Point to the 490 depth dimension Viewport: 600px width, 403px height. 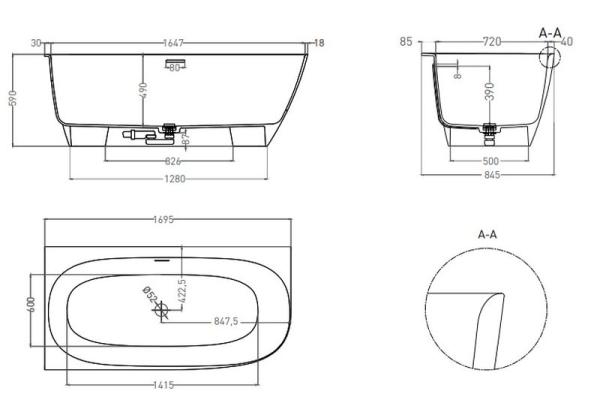[x=144, y=90]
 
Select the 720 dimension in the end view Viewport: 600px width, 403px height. [x=491, y=42]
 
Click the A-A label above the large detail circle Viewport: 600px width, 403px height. [x=489, y=235]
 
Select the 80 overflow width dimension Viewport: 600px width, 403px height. [x=175, y=67]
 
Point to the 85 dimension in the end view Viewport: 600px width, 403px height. [x=406, y=42]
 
